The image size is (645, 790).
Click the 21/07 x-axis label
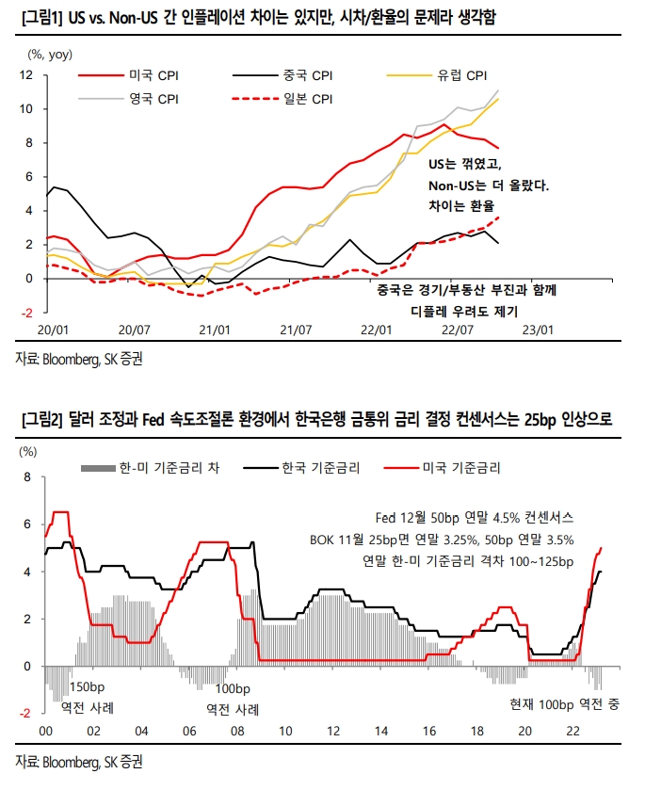pos(297,330)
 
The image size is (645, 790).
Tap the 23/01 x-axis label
pos(539,330)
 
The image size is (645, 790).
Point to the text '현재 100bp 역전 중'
pos(563,705)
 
